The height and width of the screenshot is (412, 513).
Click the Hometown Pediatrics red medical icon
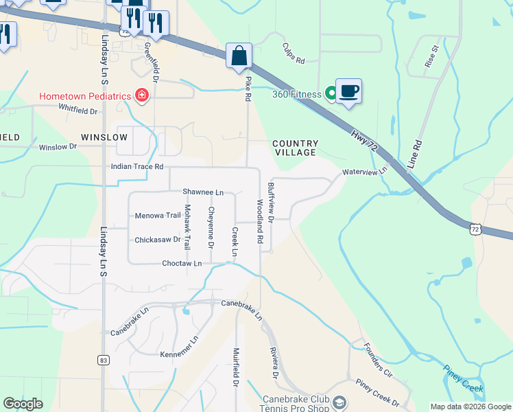pos(142,95)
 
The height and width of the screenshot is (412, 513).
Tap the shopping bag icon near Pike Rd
pos(239,56)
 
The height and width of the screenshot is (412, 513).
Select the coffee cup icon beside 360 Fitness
pos(348,91)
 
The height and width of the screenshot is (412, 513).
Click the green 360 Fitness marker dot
pos(331,93)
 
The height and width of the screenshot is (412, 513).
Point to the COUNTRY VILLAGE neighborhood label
pos(294,148)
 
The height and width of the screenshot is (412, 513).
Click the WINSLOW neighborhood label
pos(104,137)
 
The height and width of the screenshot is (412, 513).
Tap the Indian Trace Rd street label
pos(138,167)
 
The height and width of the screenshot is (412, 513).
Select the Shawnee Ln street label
pos(203,192)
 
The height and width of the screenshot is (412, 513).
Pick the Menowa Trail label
pos(158,215)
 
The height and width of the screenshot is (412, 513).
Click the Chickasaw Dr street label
pos(157,240)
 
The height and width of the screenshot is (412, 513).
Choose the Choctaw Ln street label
pos(182,263)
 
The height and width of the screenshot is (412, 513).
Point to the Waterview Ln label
pos(365,171)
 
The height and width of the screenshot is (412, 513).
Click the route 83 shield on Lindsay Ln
pos(104,360)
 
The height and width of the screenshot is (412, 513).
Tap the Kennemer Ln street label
pos(179,347)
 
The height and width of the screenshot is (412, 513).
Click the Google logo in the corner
pos(23,404)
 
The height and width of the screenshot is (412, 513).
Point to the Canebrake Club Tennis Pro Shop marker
pos(338,402)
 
